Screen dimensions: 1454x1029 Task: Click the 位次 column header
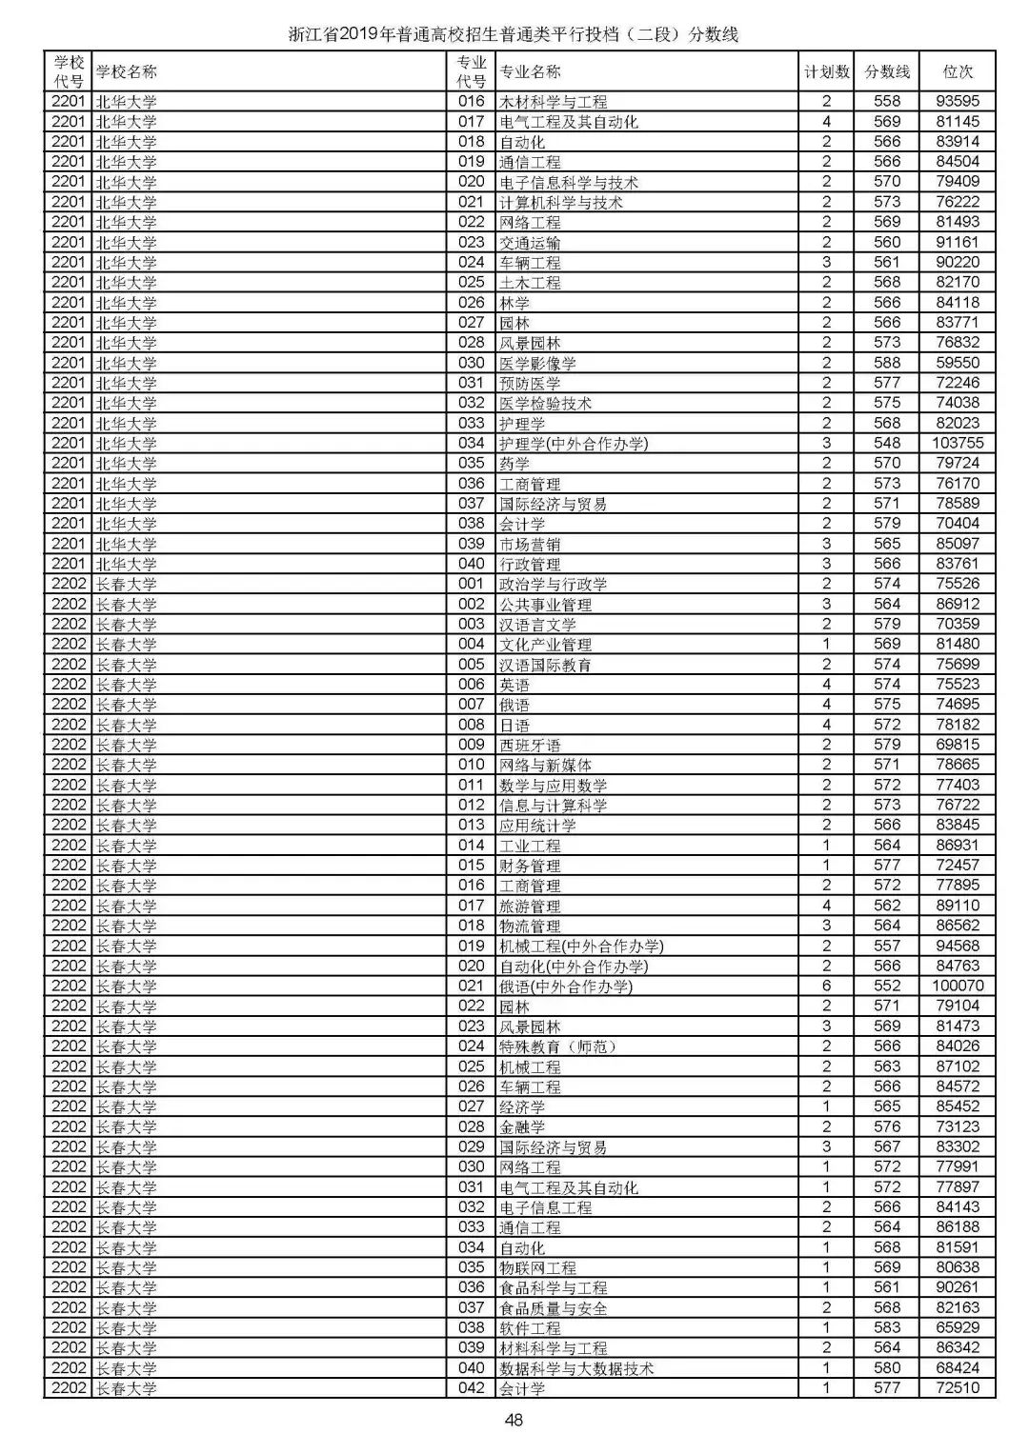coord(958,71)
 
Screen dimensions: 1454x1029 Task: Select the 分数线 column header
coord(887,71)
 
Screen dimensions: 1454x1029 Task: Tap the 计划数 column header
coord(826,71)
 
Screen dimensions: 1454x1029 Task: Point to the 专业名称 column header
coord(531,71)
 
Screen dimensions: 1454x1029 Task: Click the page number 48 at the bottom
coord(514,1421)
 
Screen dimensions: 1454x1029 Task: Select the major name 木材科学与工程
coord(553,102)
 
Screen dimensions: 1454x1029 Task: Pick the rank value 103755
coord(958,443)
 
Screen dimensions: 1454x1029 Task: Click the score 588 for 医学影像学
coord(887,363)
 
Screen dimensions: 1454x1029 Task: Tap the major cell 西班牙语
coord(530,745)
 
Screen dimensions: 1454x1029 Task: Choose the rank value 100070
coord(958,986)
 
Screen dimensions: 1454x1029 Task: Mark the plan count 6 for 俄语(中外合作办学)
coord(826,986)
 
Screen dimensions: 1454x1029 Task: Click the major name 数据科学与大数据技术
coord(576,1368)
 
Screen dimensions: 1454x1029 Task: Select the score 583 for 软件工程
coord(887,1327)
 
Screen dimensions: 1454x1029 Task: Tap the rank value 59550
coord(958,363)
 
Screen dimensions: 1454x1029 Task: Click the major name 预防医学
coord(530,383)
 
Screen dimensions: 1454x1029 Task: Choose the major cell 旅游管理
coord(530,906)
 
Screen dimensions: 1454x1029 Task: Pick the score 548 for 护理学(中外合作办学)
coord(887,443)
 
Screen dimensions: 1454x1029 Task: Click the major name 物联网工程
coord(537,1267)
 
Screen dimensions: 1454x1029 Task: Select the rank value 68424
coord(958,1368)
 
